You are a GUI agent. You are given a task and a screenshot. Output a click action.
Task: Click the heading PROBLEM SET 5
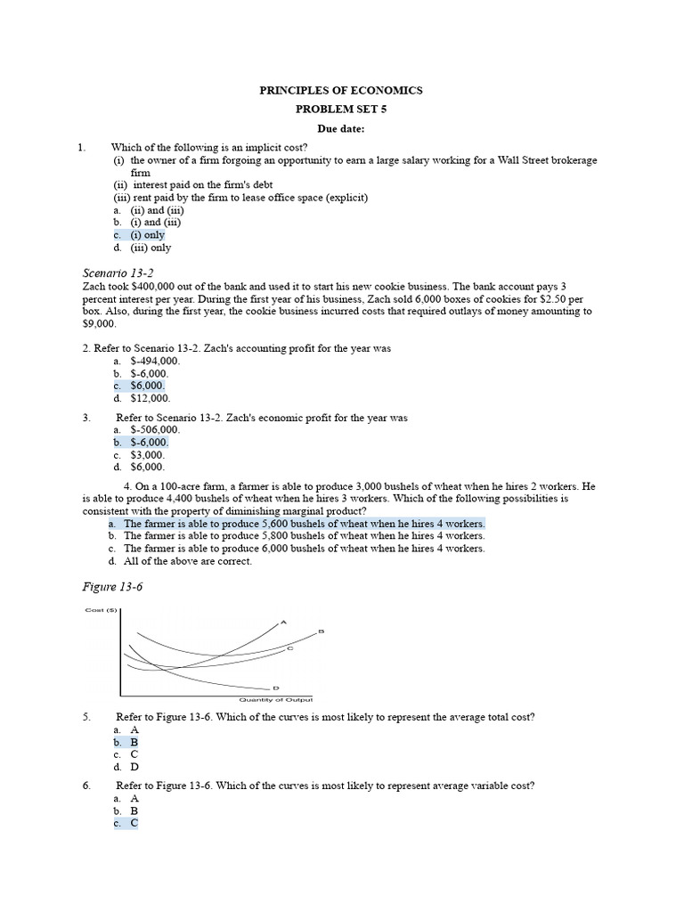click(x=341, y=110)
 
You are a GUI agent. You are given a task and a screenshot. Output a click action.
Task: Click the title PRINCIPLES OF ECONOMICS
click(x=341, y=91)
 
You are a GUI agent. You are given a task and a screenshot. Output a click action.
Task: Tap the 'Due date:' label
click(x=341, y=129)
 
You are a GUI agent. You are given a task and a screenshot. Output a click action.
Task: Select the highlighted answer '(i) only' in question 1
click(x=147, y=235)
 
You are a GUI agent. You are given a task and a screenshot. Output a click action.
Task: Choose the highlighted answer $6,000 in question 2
click(x=147, y=386)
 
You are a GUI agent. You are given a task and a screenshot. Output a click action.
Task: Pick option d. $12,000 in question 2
click(x=150, y=398)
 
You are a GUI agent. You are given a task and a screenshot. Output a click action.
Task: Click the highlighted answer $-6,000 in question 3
click(x=149, y=443)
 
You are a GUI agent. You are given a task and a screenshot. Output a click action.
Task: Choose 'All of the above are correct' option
click(x=188, y=561)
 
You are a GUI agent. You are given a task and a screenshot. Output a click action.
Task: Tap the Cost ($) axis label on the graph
click(x=101, y=610)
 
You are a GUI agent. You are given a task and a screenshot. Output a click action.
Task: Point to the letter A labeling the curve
click(x=283, y=621)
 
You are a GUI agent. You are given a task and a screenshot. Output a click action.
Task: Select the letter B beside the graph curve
click(x=321, y=631)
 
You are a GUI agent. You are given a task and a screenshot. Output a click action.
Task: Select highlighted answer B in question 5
click(x=134, y=742)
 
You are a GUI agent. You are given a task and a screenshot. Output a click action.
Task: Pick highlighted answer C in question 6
click(x=134, y=824)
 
